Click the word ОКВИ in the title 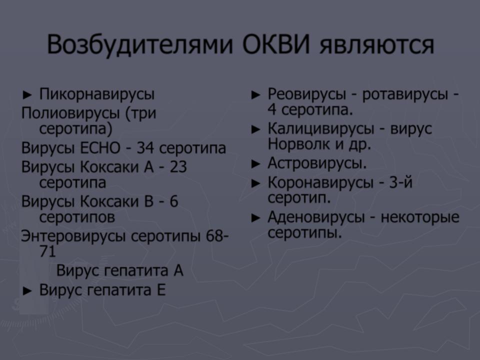[276, 44]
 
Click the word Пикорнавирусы [97, 94]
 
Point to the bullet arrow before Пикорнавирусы [27, 95]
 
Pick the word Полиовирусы [70, 113]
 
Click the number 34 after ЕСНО [145, 148]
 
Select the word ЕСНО [100, 148]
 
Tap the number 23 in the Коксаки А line [178, 167]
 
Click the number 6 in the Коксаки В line [174, 201]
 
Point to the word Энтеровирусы [73, 236]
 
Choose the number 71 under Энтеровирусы [48, 251]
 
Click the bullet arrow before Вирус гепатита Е [27, 291]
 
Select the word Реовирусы [306, 94]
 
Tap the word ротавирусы [404, 94]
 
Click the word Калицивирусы [321, 128]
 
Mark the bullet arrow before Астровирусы [255, 164]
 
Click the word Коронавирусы [320, 183]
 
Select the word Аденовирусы [316, 217]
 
